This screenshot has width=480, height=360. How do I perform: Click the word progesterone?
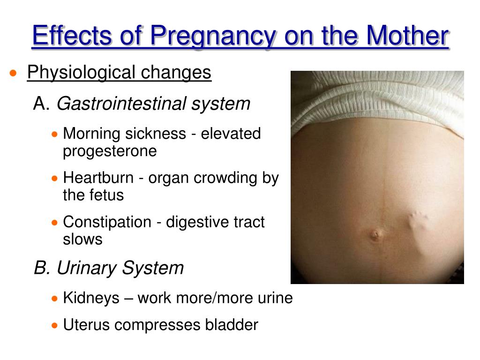(110, 151)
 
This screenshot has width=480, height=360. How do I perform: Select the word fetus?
(107, 195)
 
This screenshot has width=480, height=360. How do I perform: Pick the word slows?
(82, 239)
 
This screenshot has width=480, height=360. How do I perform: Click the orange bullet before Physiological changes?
(15, 74)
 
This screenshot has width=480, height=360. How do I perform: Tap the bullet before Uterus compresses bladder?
(55, 325)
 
